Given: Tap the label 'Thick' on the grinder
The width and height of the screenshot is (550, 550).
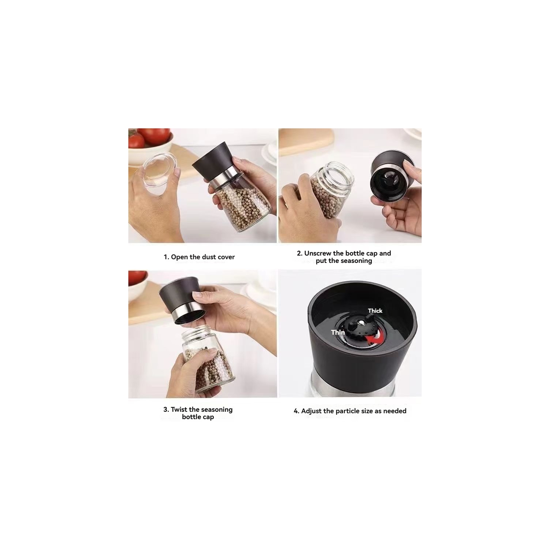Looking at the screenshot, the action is point(375,311).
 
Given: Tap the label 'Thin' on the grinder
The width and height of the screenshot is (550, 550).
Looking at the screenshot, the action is point(338,332).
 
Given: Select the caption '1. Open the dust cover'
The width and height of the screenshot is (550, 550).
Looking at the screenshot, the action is point(199,257).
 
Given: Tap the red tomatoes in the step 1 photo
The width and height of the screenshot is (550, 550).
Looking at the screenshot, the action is point(154,136).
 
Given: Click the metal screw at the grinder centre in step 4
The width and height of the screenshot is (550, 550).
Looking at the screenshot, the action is point(362,323).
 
